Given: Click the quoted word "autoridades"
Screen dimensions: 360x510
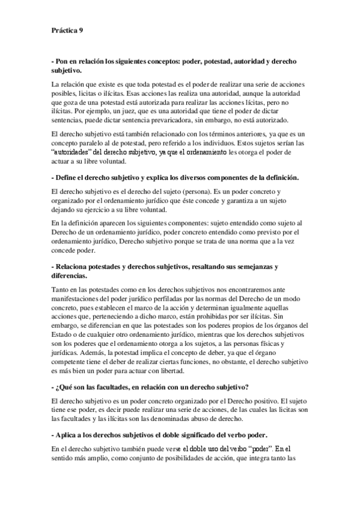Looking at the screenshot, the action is click(x=76, y=153).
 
